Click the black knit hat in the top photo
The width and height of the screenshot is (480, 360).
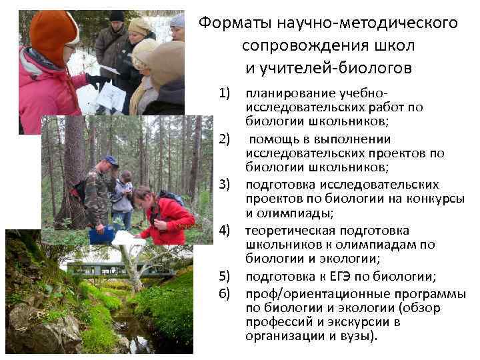point(117,16)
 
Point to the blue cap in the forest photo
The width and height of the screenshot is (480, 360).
point(111,161)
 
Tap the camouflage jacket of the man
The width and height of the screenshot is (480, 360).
point(97,197)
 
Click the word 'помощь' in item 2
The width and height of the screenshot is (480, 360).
point(275,139)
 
